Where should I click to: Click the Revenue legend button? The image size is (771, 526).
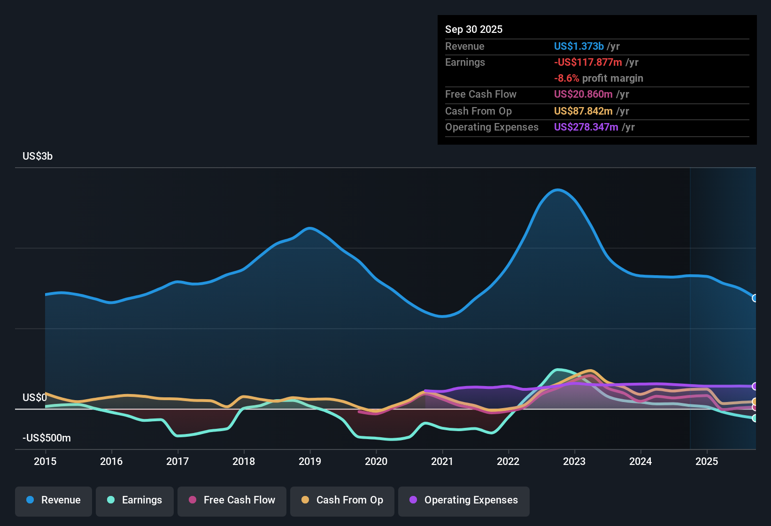tap(54, 500)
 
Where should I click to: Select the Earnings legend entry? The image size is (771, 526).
tap(135, 500)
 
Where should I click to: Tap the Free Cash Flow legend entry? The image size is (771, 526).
tap(232, 500)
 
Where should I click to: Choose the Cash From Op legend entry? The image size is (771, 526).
tap(342, 500)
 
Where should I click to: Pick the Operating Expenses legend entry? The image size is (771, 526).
tap(464, 500)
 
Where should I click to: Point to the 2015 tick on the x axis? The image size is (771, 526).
tap(45, 461)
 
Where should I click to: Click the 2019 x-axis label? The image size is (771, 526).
tap(310, 461)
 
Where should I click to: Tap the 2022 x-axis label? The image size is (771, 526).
tap(508, 461)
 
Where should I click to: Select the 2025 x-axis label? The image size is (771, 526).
tap(707, 461)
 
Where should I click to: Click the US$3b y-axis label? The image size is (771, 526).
tap(38, 156)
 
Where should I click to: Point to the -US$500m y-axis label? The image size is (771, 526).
tap(46, 438)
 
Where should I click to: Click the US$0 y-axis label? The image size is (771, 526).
tap(35, 398)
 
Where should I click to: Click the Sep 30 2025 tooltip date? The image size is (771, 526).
tap(474, 30)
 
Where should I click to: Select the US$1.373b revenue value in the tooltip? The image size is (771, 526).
tap(578, 46)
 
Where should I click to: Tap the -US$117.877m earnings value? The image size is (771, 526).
tap(588, 62)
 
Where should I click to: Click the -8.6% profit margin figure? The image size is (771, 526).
tap(567, 78)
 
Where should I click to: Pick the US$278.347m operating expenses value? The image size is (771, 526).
tap(586, 127)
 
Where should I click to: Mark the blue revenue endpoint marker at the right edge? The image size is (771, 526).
tap(755, 298)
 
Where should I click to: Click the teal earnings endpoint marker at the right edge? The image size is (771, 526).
tap(755, 418)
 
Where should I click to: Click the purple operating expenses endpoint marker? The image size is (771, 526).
tap(755, 386)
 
